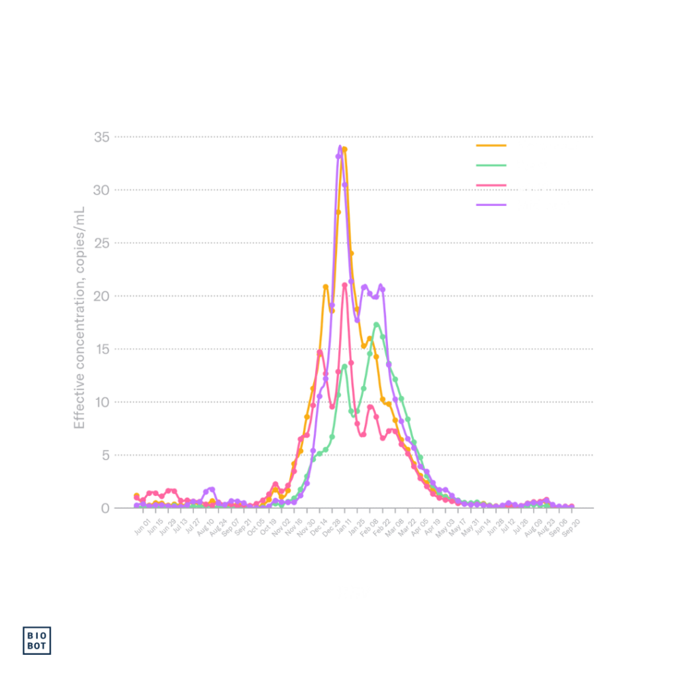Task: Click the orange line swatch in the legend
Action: pos(491,144)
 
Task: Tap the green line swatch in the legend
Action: pos(491,165)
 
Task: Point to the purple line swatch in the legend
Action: pos(491,205)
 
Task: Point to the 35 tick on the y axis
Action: pos(101,137)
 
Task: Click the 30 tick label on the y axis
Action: pos(101,190)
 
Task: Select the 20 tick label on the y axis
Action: pos(101,296)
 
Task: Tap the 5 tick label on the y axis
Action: pos(105,455)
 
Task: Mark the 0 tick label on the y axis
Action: pos(105,508)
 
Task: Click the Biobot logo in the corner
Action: pos(37,640)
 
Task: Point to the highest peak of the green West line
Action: pos(377,323)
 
